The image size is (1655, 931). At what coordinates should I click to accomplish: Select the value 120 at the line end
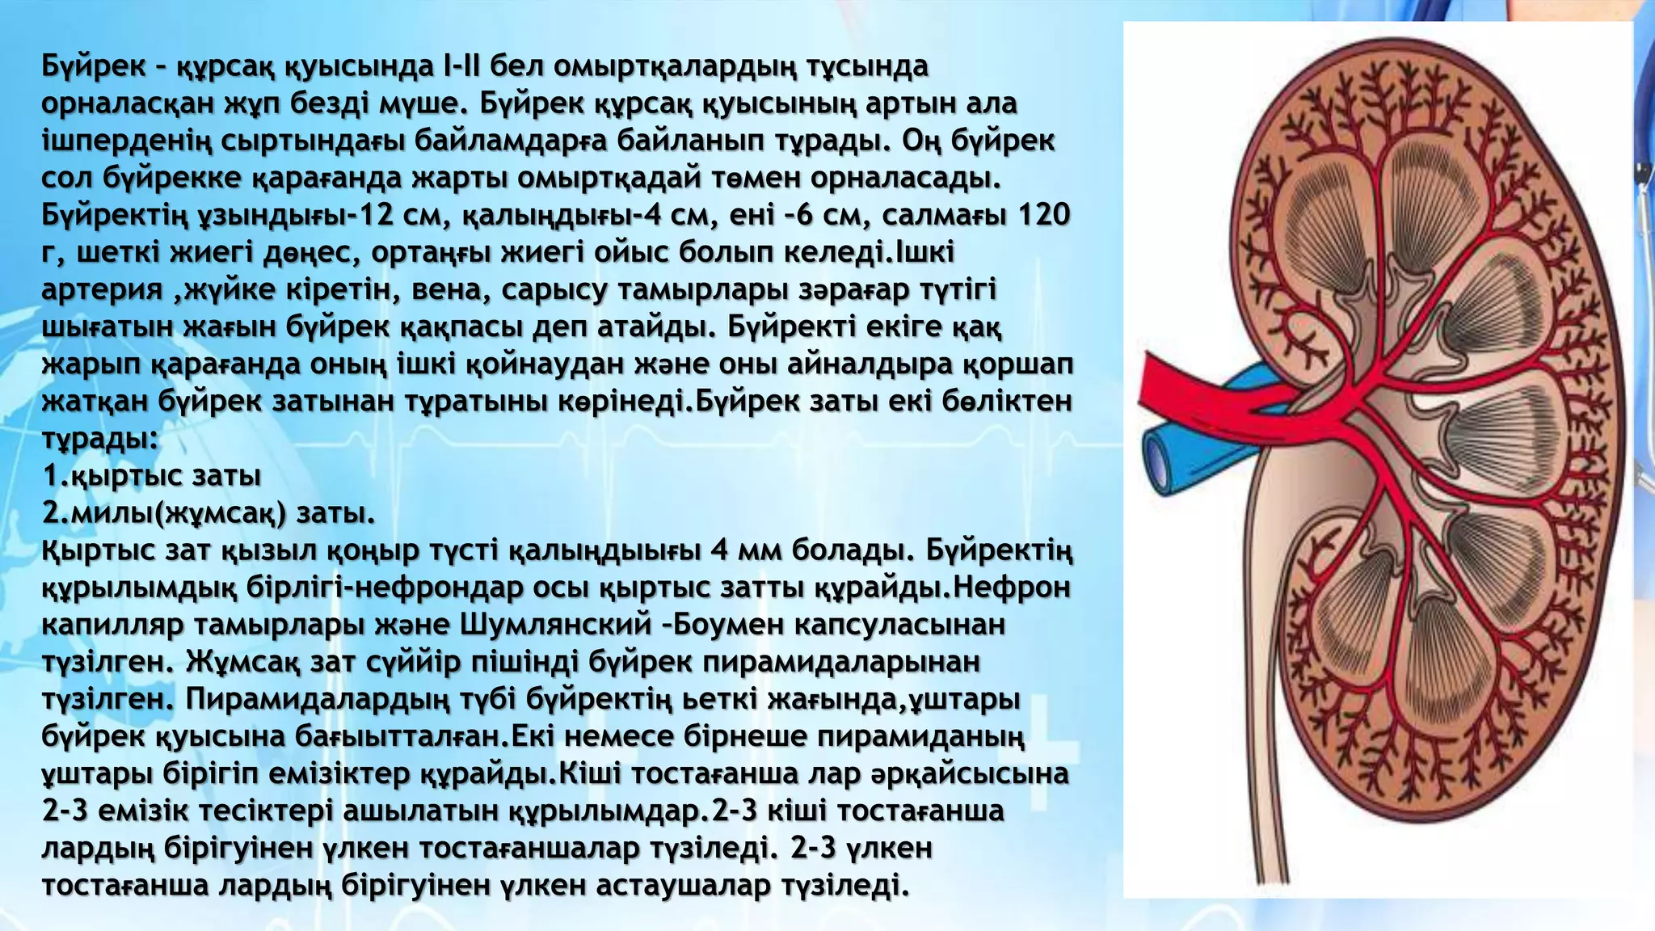coord(1043,215)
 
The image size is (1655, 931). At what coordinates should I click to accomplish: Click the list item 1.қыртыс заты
coord(152,475)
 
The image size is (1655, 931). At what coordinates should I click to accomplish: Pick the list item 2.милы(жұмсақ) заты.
coord(208,512)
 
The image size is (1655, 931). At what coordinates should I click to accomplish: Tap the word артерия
coord(102,289)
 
